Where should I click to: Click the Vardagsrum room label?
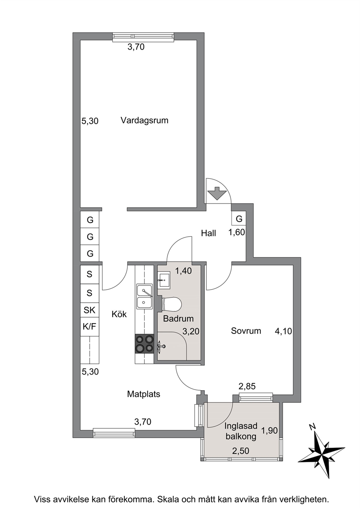(144, 120)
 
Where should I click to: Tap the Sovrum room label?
(246, 331)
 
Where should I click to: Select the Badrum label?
(179, 319)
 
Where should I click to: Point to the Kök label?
(119, 314)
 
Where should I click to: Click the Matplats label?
(144, 394)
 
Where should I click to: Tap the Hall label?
(208, 233)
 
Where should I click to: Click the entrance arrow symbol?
(217, 193)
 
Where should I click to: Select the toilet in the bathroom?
(171, 304)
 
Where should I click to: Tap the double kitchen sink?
(144, 296)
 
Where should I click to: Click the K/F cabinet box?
(90, 327)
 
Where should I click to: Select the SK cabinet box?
(90, 310)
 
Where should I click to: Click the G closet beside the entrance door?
(239, 219)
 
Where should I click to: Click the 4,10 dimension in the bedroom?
(283, 331)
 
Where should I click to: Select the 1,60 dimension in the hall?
(237, 233)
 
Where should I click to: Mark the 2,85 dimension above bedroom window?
(247, 386)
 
